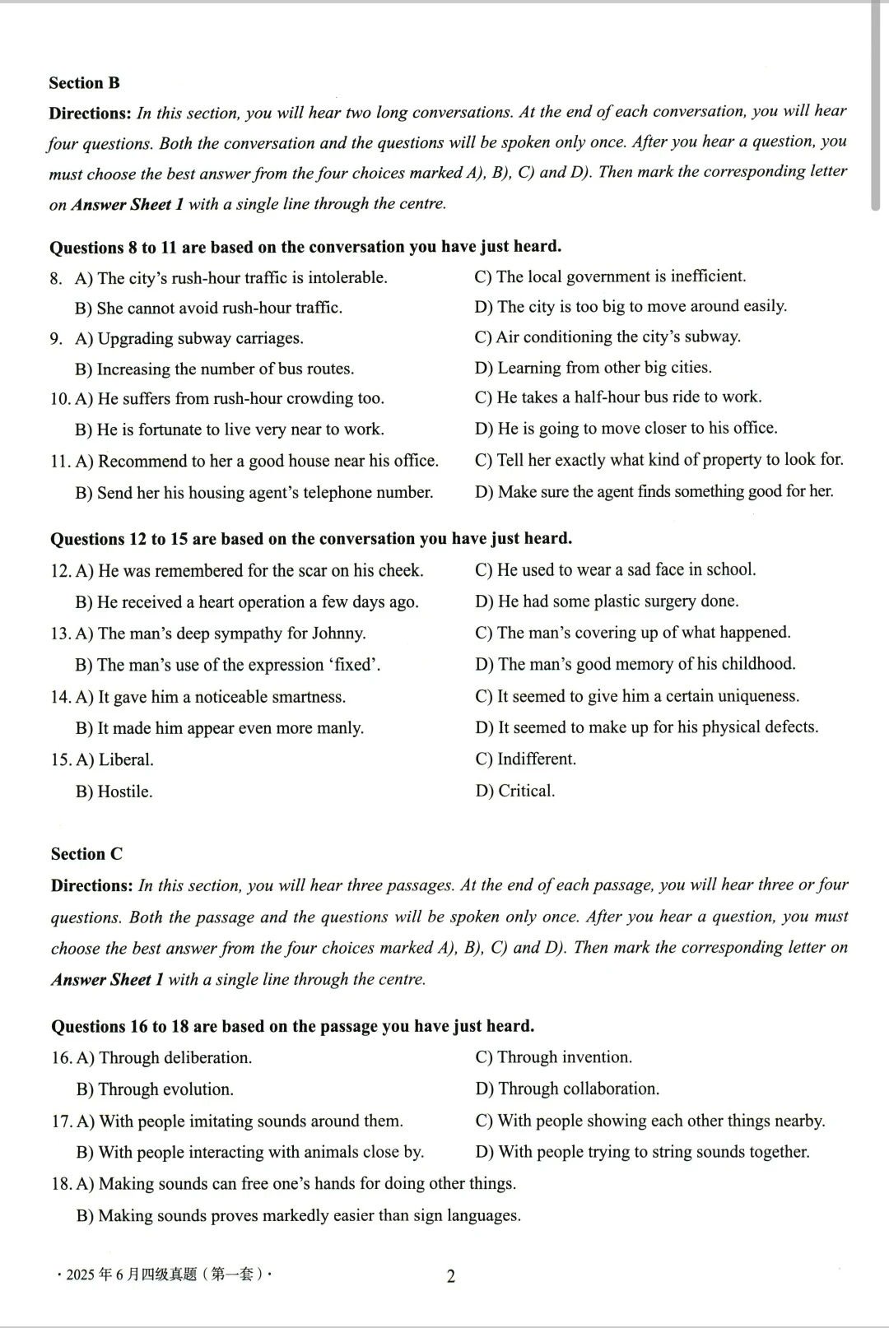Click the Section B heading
pyautogui.click(x=84, y=83)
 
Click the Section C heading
pyautogui.click(x=86, y=854)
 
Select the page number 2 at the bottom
pyautogui.click(x=450, y=1276)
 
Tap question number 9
pyautogui.click(x=56, y=339)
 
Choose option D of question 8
pyautogui.click(x=631, y=307)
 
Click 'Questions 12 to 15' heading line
pyautogui.click(x=311, y=539)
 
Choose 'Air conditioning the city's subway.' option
pyautogui.click(x=607, y=337)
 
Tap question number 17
pyautogui.click(x=62, y=1121)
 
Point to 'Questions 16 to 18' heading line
pyautogui.click(x=292, y=1026)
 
